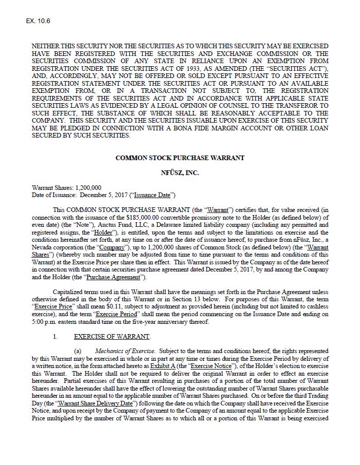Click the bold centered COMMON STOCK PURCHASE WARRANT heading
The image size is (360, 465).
pyautogui.click(x=180, y=158)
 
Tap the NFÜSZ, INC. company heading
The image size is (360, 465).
pyautogui.click(x=180, y=173)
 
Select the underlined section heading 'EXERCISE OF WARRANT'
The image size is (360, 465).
pyautogui.click(x=112, y=337)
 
